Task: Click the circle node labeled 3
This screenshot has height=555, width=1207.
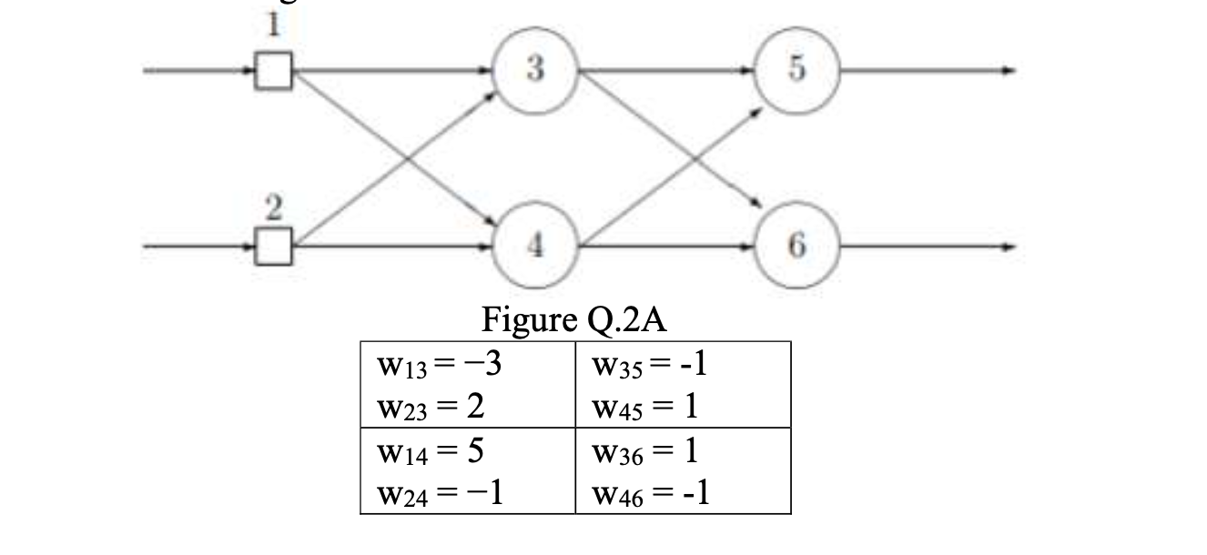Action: (533, 71)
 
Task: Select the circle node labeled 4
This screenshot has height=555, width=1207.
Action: (533, 247)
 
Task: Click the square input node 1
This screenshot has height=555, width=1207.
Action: (273, 71)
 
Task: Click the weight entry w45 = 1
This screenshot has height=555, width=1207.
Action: (644, 406)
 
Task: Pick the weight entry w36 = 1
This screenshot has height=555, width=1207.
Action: (644, 450)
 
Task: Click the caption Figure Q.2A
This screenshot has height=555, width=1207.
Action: (576, 321)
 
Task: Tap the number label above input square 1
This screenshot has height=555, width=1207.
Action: (270, 27)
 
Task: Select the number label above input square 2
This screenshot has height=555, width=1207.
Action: (270, 207)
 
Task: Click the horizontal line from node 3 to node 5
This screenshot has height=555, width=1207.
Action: (664, 70)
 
